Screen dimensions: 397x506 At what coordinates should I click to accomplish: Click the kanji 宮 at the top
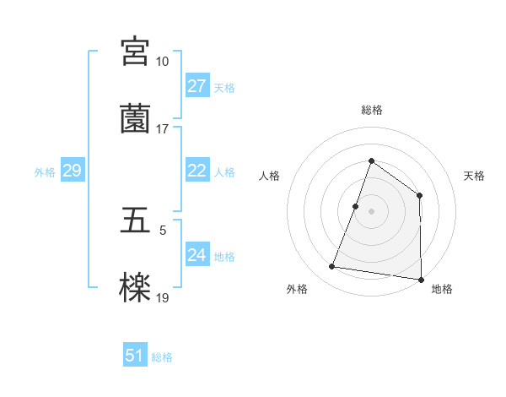[135, 51]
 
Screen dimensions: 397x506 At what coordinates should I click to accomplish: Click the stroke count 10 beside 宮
[162, 62]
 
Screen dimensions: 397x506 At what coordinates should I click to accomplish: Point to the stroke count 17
[162, 129]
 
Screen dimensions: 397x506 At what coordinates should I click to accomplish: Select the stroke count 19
[162, 298]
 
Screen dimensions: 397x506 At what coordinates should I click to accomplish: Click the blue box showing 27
[196, 86]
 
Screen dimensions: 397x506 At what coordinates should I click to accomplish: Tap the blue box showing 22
[196, 171]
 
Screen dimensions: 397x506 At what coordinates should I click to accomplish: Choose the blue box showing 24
[196, 255]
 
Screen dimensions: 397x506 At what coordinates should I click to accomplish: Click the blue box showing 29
[72, 171]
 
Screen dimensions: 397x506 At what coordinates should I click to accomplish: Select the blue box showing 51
[135, 356]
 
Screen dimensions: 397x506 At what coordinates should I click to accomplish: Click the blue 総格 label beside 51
[162, 357]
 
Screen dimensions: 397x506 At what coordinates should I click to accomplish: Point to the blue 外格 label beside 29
[45, 172]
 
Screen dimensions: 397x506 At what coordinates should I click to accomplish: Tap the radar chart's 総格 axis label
[371, 110]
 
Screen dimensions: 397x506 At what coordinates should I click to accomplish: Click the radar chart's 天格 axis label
[474, 176]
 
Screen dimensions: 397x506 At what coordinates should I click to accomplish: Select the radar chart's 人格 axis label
[269, 176]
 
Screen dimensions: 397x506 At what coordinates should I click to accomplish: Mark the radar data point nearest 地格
[420, 279]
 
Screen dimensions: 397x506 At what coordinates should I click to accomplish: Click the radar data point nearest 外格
[332, 267]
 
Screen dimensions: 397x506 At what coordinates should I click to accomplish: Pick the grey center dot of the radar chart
[371, 211]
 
